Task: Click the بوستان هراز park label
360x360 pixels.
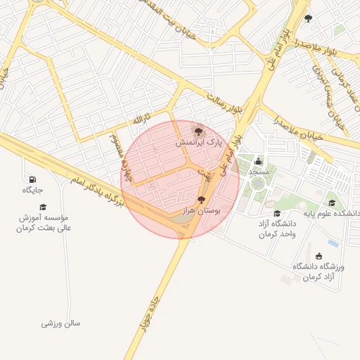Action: point(202,211)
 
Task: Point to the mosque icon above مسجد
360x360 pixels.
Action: point(258,161)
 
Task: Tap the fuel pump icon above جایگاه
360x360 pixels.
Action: point(32,179)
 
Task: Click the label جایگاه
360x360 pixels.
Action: point(32,191)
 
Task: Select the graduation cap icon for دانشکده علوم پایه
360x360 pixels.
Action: point(332,202)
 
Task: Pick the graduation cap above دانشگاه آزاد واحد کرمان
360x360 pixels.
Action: point(276,213)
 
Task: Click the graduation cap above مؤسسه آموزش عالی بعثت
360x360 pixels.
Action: point(43,207)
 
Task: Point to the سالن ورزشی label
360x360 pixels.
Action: point(61,323)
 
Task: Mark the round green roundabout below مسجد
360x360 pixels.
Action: point(258,184)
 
